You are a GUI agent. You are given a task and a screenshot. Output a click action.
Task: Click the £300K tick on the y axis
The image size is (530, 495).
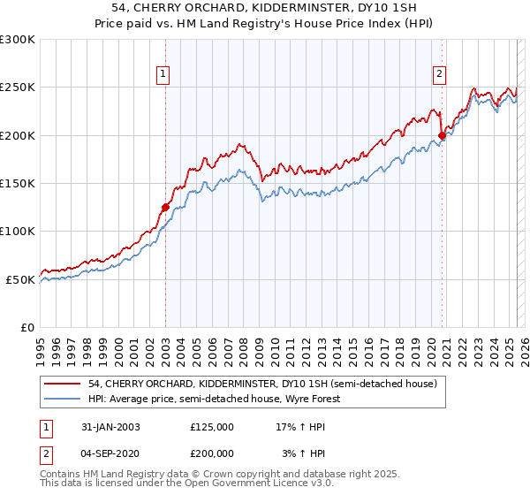click(x=18, y=40)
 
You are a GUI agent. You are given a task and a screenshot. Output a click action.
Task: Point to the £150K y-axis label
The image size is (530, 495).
click(x=18, y=184)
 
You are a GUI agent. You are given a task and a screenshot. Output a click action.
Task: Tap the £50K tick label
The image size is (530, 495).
click(x=20, y=279)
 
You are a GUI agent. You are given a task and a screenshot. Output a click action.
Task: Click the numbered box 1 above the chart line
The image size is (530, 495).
click(x=164, y=75)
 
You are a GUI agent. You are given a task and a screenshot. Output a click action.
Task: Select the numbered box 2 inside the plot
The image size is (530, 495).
click(x=439, y=75)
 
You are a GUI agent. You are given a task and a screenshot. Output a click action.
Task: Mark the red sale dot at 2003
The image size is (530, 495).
click(x=165, y=207)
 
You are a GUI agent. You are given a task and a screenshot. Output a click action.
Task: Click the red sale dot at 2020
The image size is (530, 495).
click(x=442, y=135)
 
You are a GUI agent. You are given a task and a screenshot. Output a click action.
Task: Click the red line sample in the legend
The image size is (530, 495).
click(x=63, y=385)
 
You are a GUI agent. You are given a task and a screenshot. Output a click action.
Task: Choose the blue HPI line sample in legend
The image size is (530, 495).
click(x=63, y=399)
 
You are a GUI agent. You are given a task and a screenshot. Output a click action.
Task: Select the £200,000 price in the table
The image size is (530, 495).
click(x=212, y=452)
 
